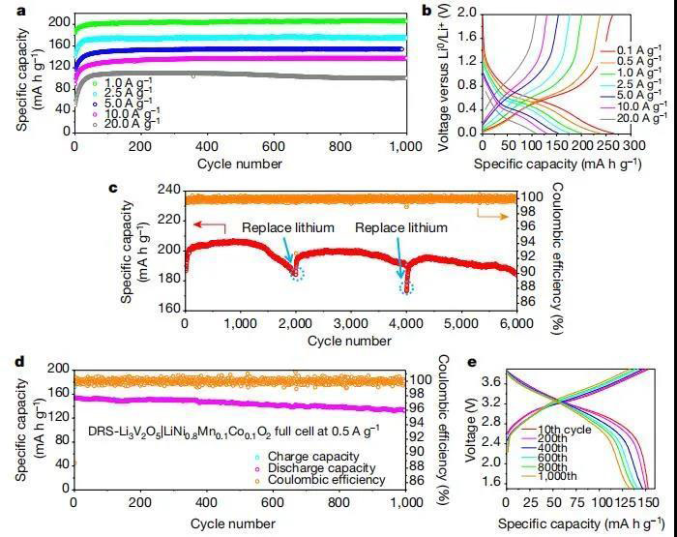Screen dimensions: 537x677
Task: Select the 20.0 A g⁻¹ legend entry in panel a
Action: (x=131, y=124)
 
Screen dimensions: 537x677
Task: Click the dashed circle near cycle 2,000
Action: (x=297, y=275)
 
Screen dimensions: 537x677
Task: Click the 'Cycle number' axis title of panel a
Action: (x=239, y=162)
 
